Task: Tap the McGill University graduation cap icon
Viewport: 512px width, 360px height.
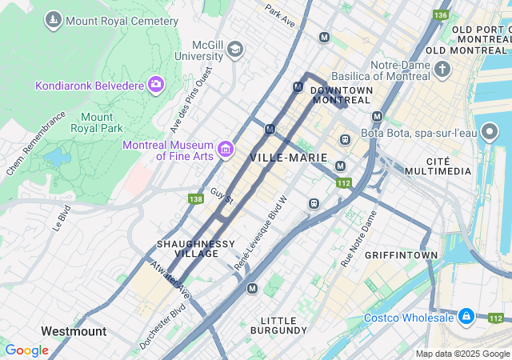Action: click(234, 50)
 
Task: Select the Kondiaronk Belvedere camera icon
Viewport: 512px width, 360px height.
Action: click(155, 84)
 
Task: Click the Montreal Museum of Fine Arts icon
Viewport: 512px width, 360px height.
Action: click(225, 149)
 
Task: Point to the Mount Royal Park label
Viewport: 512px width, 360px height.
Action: click(96, 122)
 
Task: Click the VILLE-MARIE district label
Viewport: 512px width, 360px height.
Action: click(289, 158)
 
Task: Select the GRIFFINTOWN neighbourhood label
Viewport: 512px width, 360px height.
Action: click(401, 255)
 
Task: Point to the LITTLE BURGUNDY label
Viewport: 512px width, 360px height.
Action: click(278, 324)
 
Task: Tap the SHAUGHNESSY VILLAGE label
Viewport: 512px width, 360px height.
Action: click(196, 248)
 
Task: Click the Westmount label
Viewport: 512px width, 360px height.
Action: click(73, 330)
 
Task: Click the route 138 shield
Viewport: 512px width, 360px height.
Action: click(196, 198)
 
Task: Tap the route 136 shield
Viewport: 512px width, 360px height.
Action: click(440, 15)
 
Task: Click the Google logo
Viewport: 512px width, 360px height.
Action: click(26, 350)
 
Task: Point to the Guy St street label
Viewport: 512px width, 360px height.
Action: click(221, 195)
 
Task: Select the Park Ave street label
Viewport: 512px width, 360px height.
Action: click(280, 14)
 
